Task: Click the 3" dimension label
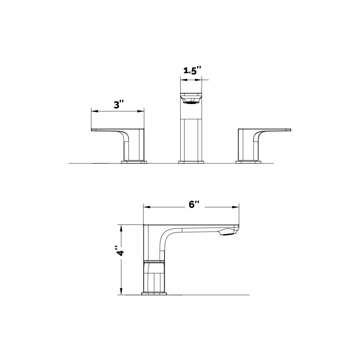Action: tap(119, 105)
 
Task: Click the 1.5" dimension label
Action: tap(192, 70)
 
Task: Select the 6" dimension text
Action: tap(195, 205)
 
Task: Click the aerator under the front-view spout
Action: tap(191, 101)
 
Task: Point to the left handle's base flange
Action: tap(134, 162)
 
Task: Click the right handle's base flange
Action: tap(248, 162)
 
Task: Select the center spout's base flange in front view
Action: tap(191, 162)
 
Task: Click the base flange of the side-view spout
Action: tap(154, 294)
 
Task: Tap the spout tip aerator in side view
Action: tap(228, 235)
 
